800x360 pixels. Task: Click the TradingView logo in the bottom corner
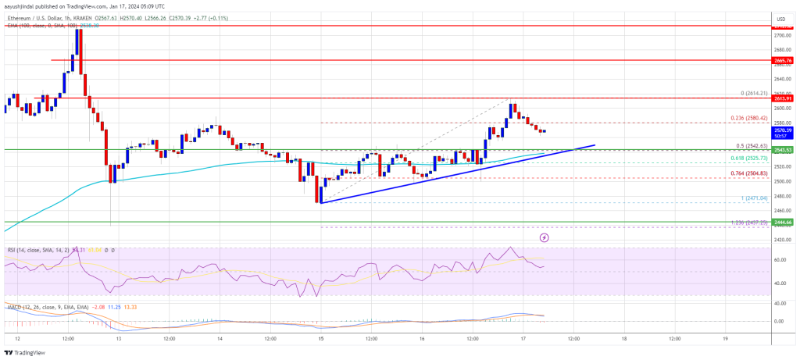click(27, 351)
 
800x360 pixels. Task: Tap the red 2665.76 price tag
click(782, 60)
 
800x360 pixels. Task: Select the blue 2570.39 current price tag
click(782, 130)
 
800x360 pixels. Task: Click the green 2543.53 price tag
click(782, 149)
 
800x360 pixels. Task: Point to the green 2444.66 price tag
click(782, 222)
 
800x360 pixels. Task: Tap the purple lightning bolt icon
click(545, 236)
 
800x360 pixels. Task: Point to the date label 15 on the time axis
click(321, 339)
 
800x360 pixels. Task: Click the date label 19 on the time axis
click(725, 339)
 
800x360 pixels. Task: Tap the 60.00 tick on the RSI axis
click(780, 259)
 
